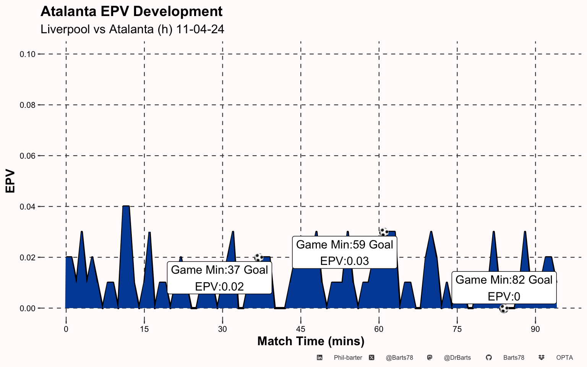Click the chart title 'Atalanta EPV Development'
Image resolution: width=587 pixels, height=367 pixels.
click(x=131, y=11)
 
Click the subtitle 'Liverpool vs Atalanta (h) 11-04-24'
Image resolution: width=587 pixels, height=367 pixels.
click(x=132, y=29)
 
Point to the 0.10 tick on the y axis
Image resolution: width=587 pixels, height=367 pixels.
click(x=28, y=54)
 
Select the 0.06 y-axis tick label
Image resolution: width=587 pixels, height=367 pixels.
click(x=28, y=156)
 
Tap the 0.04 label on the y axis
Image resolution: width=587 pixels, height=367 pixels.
click(x=28, y=207)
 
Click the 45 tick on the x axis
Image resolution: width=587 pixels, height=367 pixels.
click(x=301, y=329)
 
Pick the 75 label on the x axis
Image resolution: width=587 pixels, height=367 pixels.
click(x=457, y=329)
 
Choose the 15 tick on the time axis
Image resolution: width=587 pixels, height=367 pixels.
click(x=144, y=329)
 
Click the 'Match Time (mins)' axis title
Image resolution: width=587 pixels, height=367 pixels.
click(x=311, y=341)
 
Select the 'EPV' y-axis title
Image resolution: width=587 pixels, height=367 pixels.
click(x=10, y=181)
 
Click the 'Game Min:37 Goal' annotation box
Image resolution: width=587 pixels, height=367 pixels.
click(x=219, y=278)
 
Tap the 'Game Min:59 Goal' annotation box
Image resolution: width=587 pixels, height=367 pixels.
click(x=344, y=252)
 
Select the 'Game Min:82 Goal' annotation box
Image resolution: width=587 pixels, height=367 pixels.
click(x=504, y=288)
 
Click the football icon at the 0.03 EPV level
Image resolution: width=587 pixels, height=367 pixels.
click(x=384, y=232)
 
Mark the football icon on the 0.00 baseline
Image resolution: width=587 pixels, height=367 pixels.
click(x=504, y=309)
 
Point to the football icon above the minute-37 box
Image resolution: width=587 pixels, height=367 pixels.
click(x=259, y=257)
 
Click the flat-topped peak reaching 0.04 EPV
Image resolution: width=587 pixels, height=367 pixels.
click(x=126, y=207)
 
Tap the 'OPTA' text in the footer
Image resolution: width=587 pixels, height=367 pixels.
click(x=564, y=358)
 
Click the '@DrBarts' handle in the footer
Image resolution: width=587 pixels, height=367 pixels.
click(x=457, y=358)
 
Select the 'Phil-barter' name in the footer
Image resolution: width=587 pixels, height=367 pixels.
click(x=348, y=358)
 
